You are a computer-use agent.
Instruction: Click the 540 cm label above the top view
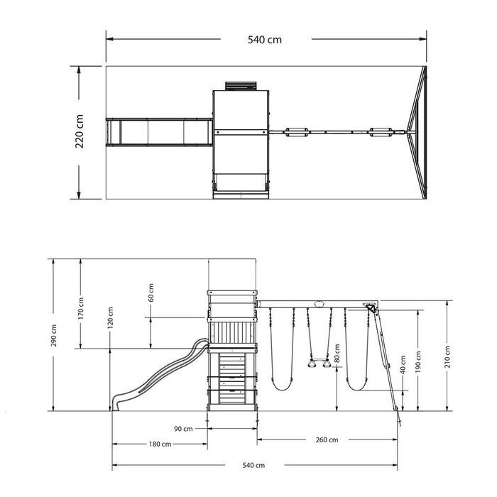tap(264, 40)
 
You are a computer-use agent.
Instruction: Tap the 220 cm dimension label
tap(80, 131)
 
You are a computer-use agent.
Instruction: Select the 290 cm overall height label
tap(53, 335)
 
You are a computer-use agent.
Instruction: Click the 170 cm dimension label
tap(81, 308)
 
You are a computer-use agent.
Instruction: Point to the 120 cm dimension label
tap(110, 317)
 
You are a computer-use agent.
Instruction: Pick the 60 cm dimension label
tap(151, 293)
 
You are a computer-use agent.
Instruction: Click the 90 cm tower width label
tap(183, 429)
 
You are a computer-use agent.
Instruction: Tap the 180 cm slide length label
tap(160, 444)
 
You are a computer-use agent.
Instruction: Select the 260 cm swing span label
tap(327, 439)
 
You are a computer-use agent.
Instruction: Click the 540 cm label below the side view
tap(253, 465)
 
